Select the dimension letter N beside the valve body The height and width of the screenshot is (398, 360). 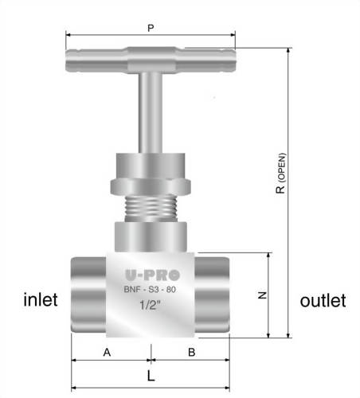[262, 295]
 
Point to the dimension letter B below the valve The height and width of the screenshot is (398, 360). [192, 351]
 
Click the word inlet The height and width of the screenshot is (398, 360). [39, 301]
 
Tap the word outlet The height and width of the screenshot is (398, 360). [323, 301]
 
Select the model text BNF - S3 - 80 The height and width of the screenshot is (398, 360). [150, 290]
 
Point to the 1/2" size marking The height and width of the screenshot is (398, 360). [150, 306]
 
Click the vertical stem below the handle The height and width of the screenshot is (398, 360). [150, 111]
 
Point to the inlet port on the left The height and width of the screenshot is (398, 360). [88, 295]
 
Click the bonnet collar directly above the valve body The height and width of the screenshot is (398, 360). [150, 236]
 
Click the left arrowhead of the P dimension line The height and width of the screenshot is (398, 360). [68, 35]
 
